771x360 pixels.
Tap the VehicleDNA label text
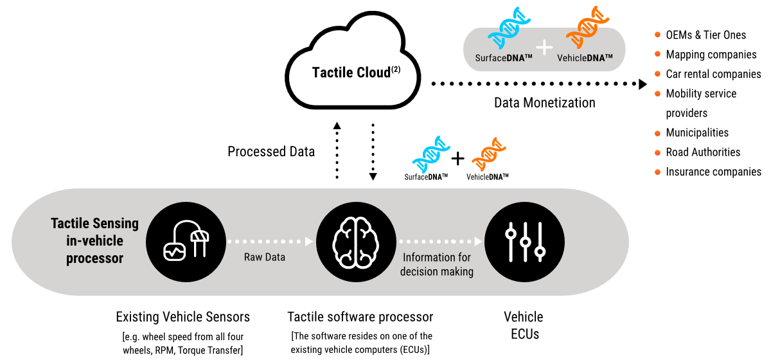tap(585, 58)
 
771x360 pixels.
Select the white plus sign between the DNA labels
tap(544, 47)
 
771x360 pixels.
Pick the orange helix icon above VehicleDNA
tap(587, 27)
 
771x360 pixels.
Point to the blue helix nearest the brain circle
tap(430, 154)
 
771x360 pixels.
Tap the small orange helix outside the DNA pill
tap(489, 154)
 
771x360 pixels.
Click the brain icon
tap(356, 242)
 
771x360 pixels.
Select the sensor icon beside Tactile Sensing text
tap(186, 242)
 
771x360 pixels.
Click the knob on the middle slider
tap(525, 242)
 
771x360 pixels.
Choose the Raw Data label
tap(265, 257)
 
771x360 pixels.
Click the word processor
tap(94, 258)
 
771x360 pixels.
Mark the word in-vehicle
tap(94, 241)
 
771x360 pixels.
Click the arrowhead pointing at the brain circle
tap(309, 242)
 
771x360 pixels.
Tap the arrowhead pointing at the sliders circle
tap(478, 242)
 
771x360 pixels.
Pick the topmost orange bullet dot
tap(657, 34)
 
